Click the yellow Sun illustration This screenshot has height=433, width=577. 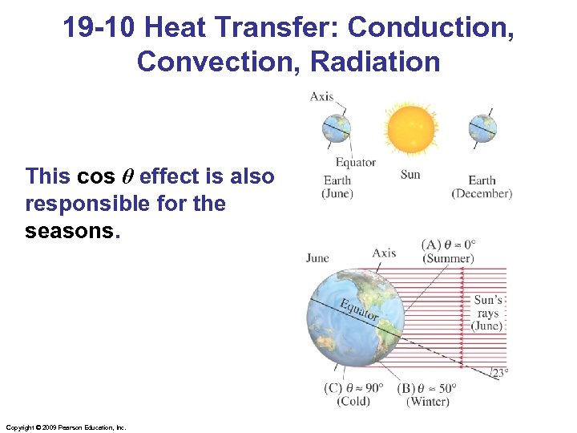411,129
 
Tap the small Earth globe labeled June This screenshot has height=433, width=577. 337,128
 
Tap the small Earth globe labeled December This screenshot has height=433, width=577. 482,128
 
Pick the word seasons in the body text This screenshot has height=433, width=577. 71,231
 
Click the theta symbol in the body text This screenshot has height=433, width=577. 127,176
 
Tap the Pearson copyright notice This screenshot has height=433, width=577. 66,427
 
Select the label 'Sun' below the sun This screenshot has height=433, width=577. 410,174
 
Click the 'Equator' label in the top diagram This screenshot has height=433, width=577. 355,163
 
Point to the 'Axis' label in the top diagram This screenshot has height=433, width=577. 321,97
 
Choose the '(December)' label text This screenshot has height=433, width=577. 482,194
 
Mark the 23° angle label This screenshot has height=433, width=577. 499,371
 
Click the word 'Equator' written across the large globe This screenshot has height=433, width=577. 357,310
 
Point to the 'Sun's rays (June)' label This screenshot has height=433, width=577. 487,314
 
